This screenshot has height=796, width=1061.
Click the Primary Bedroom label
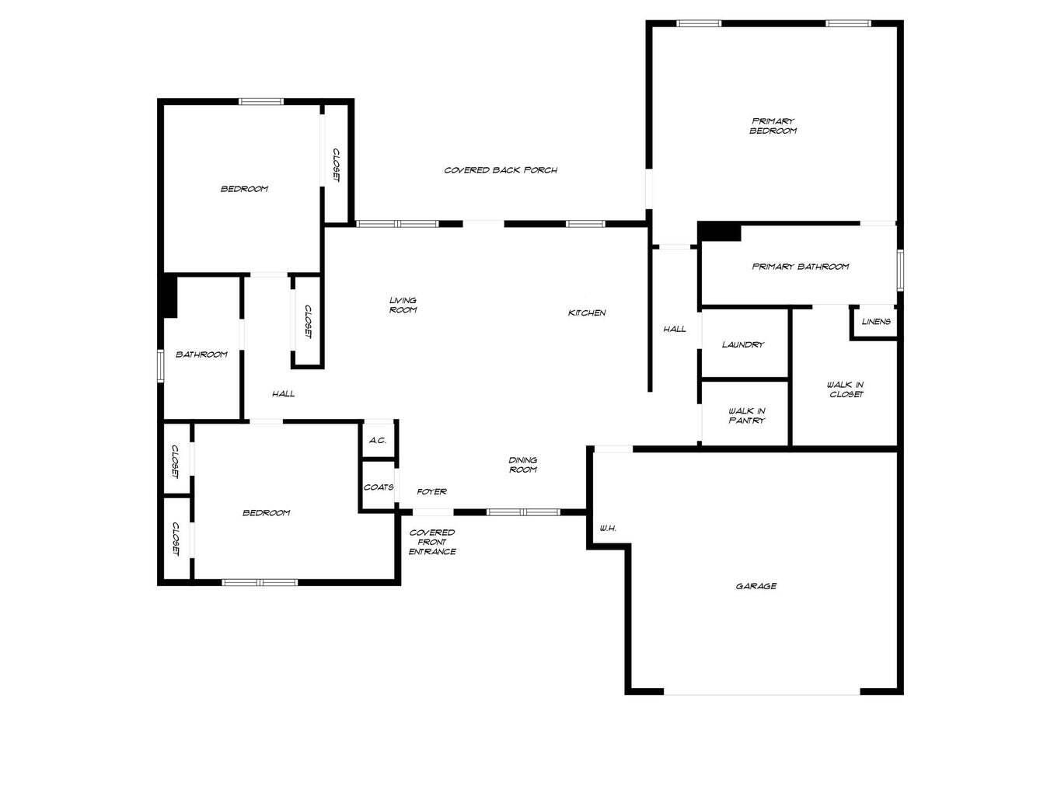pos(773,126)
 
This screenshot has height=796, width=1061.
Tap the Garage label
pos(756,586)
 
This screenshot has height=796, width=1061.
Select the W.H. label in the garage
pos(608,529)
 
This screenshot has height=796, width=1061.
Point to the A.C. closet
pos(378,440)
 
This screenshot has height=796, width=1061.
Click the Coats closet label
pos(379,487)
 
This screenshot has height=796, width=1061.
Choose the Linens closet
pos(876,322)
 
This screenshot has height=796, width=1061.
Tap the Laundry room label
pos(743,344)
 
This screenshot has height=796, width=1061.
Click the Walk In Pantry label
pos(746,416)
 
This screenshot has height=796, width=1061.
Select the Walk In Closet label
pos(845,389)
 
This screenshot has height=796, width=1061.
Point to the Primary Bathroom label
pos(800,267)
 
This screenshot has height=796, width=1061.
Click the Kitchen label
pos(587,312)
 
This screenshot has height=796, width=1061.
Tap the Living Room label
pos(403,305)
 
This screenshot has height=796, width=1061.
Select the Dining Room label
pos(522,465)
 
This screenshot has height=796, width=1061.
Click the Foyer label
pos(431,491)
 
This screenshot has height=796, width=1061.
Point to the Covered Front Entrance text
pos(432,542)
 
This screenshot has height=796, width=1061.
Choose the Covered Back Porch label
pos(501,169)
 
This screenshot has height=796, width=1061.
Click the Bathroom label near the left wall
pos(201,354)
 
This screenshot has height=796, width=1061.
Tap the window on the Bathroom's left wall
pos(160,365)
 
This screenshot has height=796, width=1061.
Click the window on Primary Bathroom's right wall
pos(900,269)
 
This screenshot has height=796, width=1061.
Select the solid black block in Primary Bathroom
pos(719,231)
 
